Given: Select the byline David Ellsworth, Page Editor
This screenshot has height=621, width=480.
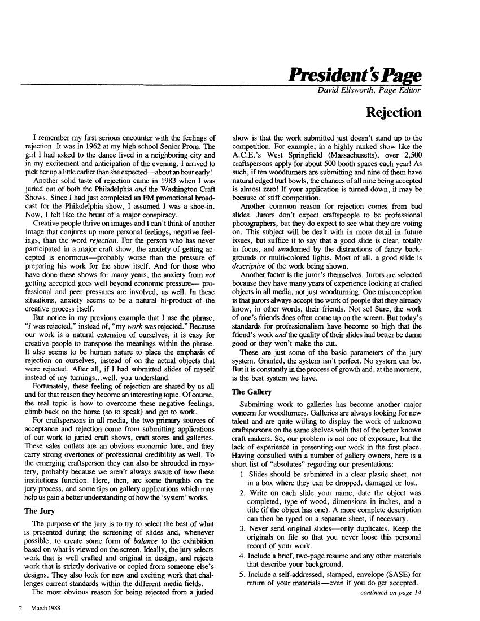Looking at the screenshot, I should [x=369, y=90].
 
